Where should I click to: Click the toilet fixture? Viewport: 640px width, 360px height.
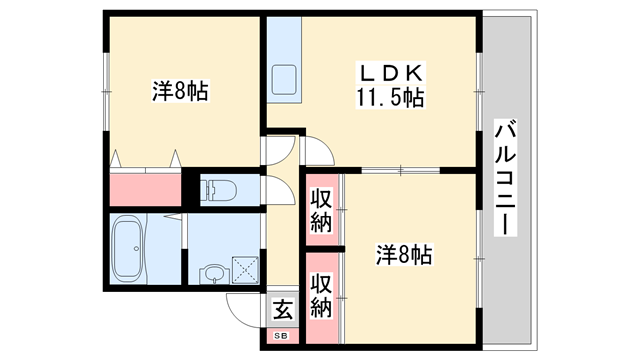coord(218,189)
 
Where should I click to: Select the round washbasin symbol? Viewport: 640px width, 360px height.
coord(212,273)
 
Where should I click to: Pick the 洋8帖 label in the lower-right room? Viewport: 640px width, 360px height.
coord(403,255)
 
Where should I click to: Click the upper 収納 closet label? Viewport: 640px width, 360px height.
coord(321,209)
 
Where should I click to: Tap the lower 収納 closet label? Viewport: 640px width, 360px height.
coord(320,296)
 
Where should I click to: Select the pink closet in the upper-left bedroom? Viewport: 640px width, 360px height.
coord(145,189)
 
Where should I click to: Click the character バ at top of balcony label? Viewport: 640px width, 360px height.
coord(505,130)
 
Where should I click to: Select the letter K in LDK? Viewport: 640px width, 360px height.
coord(416,74)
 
